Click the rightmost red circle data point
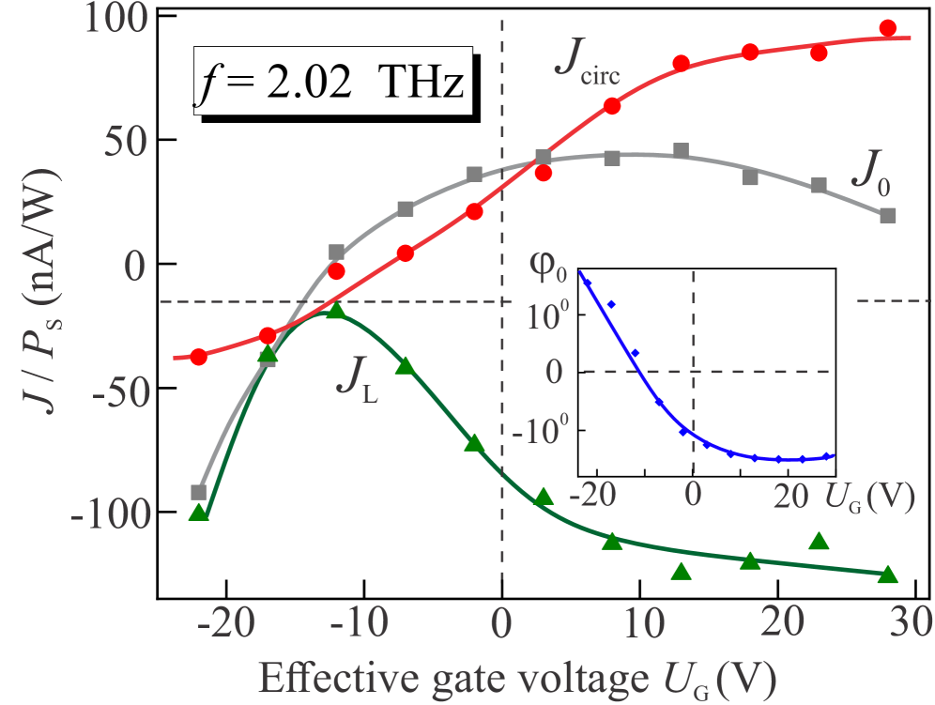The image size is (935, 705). pos(887,28)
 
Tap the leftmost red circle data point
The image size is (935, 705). pos(198,357)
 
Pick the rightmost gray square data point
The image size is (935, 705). pos(888,215)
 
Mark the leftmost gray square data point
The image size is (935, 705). pos(198,492)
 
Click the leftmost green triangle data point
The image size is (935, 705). pos(198,513)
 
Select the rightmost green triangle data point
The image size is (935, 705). pos(887,575)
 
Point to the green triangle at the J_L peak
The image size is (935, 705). pos(336,311)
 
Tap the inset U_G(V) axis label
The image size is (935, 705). pos(868,498)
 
